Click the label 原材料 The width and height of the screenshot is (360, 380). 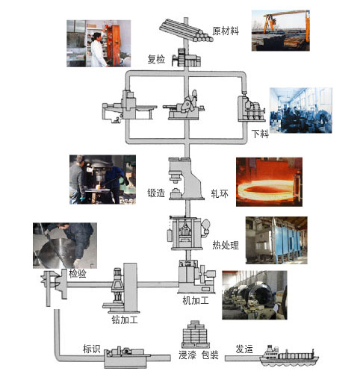coord(226,31)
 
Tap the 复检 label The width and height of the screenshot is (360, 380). coord(156,59)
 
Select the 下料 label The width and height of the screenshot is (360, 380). coord(260,134)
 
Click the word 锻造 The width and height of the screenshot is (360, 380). coord(156,193)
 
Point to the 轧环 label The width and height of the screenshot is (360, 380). coord(220,193)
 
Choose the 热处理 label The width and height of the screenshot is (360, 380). coord(226,245)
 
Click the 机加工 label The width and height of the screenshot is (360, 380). coord(196,300)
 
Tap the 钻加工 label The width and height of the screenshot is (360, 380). coord(125,320)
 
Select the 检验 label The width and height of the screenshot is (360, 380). coord(78,273)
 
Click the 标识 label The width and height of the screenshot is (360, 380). coord(91,349)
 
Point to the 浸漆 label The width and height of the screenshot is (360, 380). coord(187,355)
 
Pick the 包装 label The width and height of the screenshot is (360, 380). coord(210,355)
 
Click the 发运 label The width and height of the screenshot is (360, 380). coord(244,349)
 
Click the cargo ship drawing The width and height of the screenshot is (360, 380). coord(289,356)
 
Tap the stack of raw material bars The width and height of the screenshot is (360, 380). coord(186,31)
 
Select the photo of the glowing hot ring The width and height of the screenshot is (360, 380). coord(269,182)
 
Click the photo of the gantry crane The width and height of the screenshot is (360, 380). coord(281,31)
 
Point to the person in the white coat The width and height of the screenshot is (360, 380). coord(99,51)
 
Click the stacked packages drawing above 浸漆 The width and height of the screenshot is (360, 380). coord(196,334)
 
